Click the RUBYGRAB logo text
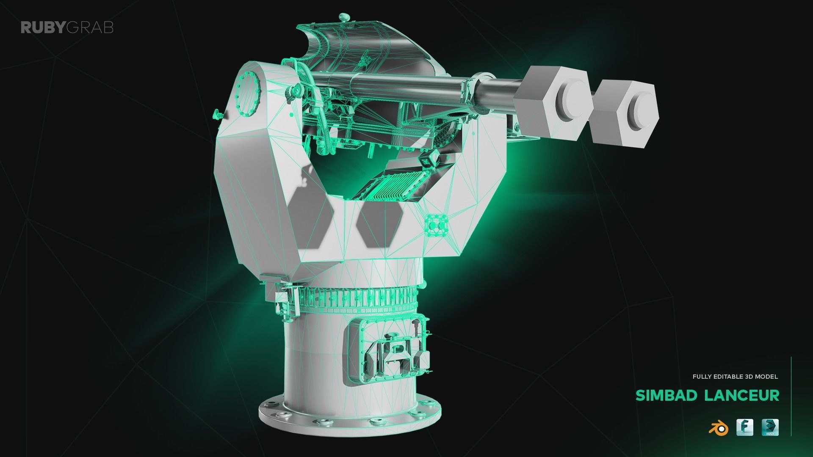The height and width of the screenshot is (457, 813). click(67, 28)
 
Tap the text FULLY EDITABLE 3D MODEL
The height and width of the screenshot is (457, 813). click(735, 376)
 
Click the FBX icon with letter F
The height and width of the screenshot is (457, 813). click(745, 427)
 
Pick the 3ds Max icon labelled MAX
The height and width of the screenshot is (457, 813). click(770, 427)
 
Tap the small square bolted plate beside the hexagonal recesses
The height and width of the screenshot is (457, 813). click(436, 226)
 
